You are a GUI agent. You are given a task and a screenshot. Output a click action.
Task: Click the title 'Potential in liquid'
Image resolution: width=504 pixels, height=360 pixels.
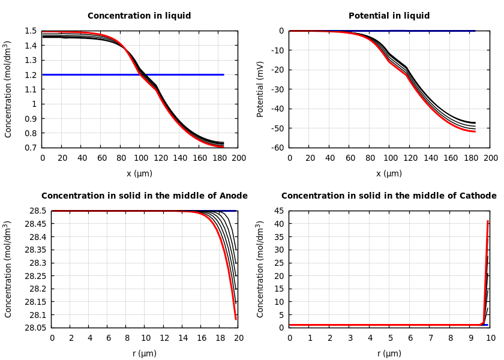pyautogui.click(x=389, y=16)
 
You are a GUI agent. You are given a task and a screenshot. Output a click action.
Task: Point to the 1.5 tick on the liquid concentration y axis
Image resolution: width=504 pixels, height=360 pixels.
pyautogui.click(x=30, y=31)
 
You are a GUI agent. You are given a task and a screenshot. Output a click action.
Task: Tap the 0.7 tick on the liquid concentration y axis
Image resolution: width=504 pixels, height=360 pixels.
pyautogui.click(x=30, y=148)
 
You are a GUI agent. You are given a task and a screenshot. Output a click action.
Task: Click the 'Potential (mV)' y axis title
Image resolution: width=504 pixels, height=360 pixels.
pyautogui.click(x=260, y=89)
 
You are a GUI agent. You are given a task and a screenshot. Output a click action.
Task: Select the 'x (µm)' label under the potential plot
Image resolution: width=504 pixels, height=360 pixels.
pyautogui.click(x=389, y=174)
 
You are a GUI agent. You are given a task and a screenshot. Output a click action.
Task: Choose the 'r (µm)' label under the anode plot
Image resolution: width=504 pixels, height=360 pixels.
pyautogui.click(x=145, y=354)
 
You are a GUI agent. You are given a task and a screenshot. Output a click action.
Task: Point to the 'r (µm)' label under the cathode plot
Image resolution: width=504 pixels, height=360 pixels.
pyautogui.click(x=389, y=354)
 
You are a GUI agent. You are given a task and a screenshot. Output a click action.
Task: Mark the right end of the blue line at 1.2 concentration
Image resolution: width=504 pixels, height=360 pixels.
pyautogui.click(x=223, y=74)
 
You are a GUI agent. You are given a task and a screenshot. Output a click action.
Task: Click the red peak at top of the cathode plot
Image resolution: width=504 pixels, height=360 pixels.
pyautogui.click(x=488, y=221)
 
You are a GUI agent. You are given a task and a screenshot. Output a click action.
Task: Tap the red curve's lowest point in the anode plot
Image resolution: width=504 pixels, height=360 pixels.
pyautogui.click(x=236, y=319)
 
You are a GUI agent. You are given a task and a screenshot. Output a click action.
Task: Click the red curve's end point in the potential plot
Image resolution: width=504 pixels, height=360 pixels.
pyautogui.click(x=475, y=131)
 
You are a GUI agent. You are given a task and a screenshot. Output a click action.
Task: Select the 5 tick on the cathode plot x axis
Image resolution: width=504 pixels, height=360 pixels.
pyautogui.click(x=390, y=338)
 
